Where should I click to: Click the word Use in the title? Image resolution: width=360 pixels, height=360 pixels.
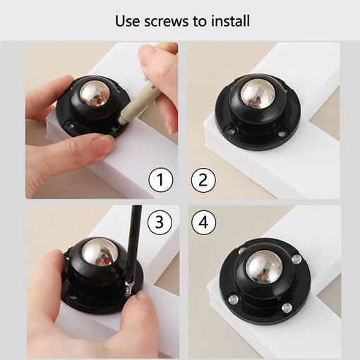coord(128,22)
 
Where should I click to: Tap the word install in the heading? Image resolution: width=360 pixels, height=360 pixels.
coord(228,22)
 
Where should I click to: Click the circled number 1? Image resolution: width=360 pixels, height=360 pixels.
coord(161,181)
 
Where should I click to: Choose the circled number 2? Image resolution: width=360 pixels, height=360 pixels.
coord(202,181)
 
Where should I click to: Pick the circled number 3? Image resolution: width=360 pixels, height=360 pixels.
coord(161,222)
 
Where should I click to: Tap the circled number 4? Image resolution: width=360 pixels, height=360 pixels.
coord(202,222)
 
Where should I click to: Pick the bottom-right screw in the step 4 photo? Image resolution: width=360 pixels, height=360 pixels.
coord(287,308)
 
